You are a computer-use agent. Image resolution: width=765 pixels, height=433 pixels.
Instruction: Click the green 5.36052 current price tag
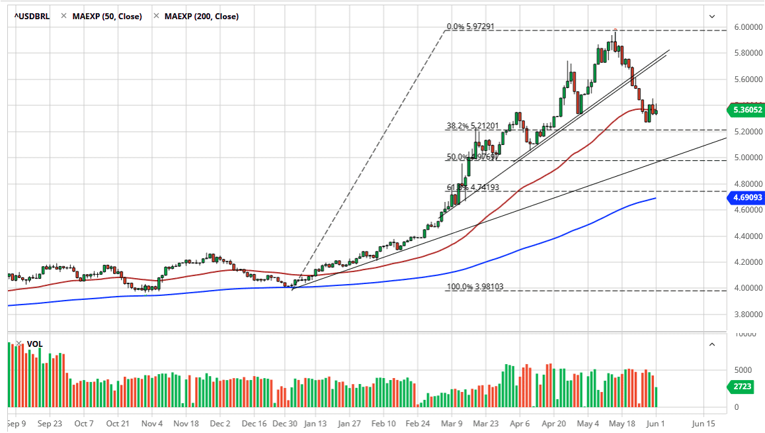point(745,111)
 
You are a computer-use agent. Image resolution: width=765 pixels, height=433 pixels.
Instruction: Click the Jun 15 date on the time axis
point(703,423)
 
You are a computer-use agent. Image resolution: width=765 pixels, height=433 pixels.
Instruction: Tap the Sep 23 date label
point(50,423)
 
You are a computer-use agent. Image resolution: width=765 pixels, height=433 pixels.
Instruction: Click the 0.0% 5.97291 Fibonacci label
point(470,27)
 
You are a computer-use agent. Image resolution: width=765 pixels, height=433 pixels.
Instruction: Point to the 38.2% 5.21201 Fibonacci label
point(470,124)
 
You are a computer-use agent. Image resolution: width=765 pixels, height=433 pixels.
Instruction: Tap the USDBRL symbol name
point(32,16)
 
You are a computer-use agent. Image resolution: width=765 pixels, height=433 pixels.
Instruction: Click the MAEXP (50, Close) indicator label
point(106,16)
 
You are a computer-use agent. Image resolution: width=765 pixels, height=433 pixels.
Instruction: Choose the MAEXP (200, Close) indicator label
point(201,16)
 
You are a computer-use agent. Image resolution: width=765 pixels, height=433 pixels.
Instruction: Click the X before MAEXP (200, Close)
point(156,16)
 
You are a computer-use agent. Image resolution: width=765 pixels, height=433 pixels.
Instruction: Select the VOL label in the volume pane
point(34,344)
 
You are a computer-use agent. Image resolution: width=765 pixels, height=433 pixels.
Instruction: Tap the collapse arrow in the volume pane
point(712,344)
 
